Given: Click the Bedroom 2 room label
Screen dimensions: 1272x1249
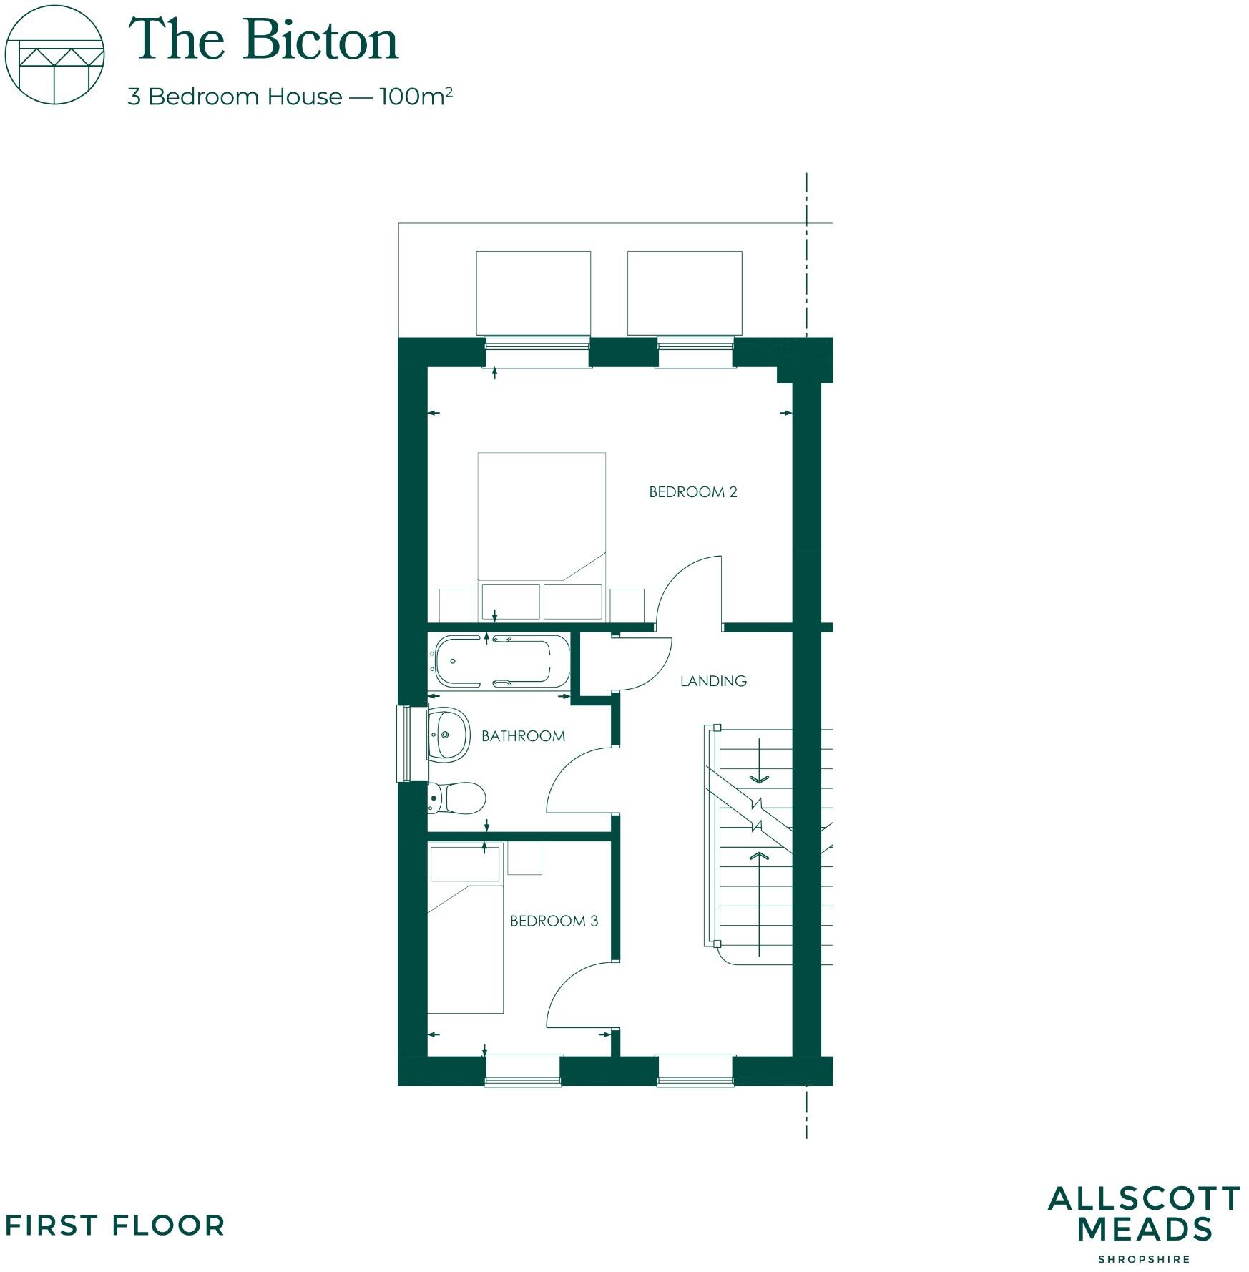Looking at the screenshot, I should pyautogui.click(x=692, y=492).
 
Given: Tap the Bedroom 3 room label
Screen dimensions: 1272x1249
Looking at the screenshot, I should pyautogui.click(x=554, y=921).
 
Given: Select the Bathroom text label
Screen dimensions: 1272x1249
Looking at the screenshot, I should pyautogui.click(x=523, y=736).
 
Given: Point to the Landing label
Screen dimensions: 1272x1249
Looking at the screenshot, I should pyautogui.click(x=713, y=681).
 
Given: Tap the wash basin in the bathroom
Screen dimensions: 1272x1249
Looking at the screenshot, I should pyautogui.click(x=449, y=735).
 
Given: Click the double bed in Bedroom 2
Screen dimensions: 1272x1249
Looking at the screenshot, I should pyautogui.click(x=542, y=515).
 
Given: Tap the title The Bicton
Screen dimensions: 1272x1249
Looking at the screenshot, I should pyautogui.click(x=263, y=40).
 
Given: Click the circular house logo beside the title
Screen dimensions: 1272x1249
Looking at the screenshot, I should pyautogui.click(x=54, y=55).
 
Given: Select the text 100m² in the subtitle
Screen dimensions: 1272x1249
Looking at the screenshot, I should pyautogui.click(x=416, y=96).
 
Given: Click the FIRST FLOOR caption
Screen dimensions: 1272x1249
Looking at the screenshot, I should pyautogui.click(x=114, y=1225).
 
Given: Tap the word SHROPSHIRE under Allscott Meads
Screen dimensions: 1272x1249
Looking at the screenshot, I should pyautogui.click(x=1144, y=1258).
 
